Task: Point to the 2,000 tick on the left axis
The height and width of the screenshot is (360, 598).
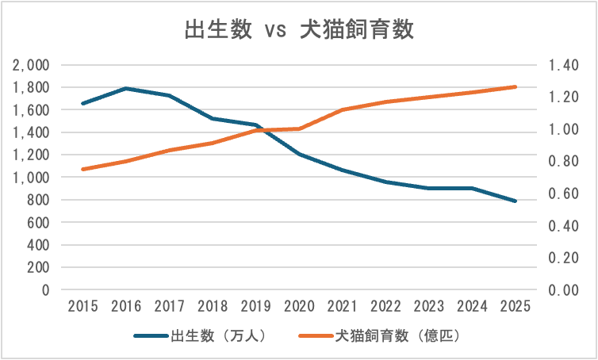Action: click(33, 65)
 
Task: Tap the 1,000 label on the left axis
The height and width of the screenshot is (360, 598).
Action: click(33, 178)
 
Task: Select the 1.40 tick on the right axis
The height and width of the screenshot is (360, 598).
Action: click(562, 65)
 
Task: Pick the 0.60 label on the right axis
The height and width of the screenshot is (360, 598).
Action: click(562, 193)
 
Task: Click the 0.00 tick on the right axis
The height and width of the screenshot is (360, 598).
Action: click(562, 290)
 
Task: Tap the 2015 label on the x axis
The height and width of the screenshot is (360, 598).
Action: click(84, 306)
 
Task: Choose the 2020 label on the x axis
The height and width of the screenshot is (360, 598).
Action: click(300, 306)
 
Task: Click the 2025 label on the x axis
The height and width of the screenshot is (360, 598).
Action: click(516, 306)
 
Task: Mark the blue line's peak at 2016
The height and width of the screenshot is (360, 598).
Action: click(127, 88)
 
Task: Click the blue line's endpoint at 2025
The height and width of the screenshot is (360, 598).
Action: click(516, 201)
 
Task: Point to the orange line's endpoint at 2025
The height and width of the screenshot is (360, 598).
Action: click(516, 86)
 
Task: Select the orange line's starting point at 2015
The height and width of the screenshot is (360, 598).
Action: click(84, 169)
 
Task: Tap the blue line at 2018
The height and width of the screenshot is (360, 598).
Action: click(213, 119)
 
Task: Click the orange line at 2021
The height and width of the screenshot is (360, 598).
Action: click(343, 109)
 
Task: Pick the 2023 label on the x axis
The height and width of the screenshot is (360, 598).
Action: click(429, 306)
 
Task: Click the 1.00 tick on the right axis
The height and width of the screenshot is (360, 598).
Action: click(562, 129)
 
